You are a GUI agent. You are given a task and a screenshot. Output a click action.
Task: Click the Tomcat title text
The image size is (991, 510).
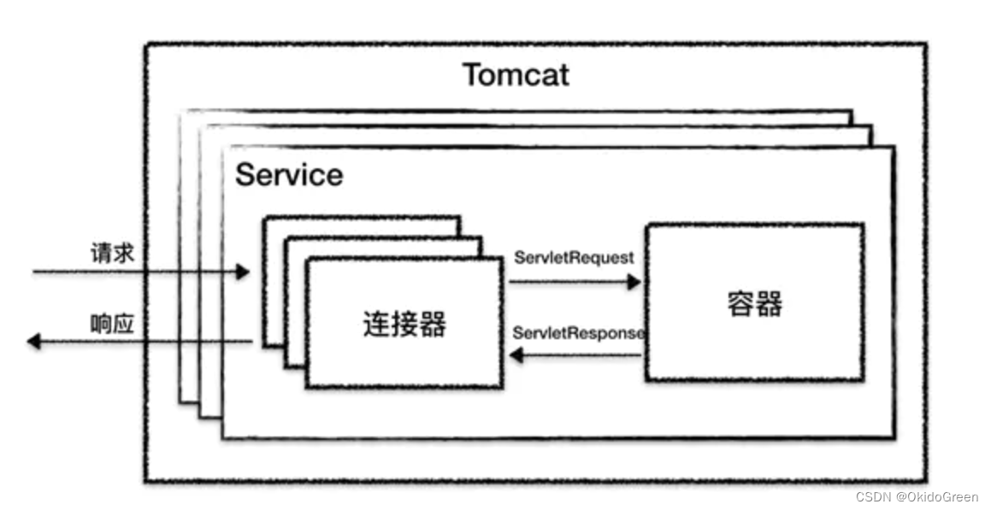pyautogui.click(x=516, y=75)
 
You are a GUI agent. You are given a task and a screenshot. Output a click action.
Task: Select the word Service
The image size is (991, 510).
pyautogui.click(x=289, y=175)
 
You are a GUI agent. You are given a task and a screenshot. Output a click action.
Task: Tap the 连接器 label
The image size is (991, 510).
pyautogui.click(x=404, y=324)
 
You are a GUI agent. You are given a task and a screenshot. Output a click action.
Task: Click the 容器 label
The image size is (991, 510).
pyautogui.click(x=755, y=303)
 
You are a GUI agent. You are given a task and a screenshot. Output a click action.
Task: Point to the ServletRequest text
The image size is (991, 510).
pyautogui.click(x=574, y=256)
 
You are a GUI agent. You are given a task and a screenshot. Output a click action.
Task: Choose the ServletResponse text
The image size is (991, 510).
pyautogui.click(x=578, y=332)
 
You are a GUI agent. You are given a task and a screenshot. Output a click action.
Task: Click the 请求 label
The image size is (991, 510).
pyautogui.click(x=112, y=253)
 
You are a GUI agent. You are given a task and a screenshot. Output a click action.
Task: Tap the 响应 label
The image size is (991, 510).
pyautogui.click(x=112, y=325)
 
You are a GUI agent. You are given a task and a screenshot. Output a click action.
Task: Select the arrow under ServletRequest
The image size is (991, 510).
pyautogui.click(x=575, y=281)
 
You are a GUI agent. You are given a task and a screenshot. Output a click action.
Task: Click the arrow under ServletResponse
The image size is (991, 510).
pyautogui.click(x=575, y=355)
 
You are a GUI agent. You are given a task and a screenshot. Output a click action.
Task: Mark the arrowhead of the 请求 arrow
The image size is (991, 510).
pyautogui.click(x=243, y=273)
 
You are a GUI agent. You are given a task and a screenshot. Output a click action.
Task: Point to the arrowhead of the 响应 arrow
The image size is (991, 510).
pyautogui.click(x=33, y=342)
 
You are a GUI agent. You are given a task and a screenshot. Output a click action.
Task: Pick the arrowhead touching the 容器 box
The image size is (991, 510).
pyautogui.click(x=634, y=281)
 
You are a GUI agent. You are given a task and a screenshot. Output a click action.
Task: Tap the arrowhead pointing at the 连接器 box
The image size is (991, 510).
pyautogui.click(x=516, y=355)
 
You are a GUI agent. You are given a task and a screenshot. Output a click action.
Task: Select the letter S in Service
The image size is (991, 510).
pyautogui.click(x=245, y=175)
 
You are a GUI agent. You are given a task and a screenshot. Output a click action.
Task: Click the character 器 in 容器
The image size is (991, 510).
pyautogui.click(x=770, y=303)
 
